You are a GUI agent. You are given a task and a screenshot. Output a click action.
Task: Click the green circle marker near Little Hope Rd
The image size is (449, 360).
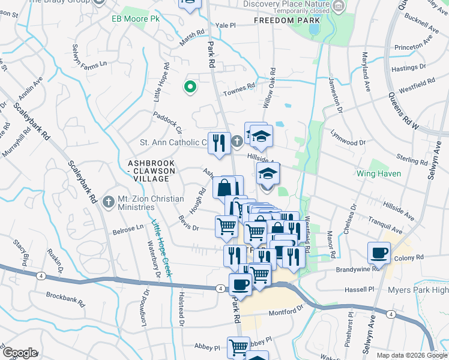(190, 88)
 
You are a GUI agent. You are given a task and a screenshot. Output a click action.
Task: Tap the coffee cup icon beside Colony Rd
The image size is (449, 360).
(379, 253)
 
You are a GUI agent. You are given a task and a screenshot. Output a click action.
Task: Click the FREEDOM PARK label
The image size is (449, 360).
(279, 20)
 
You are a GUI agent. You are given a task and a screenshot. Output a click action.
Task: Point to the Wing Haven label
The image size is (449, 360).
(391, 174)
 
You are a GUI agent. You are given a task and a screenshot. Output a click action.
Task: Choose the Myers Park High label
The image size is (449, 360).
(423, 290)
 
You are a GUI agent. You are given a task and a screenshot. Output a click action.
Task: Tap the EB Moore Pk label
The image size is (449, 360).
(129, 19)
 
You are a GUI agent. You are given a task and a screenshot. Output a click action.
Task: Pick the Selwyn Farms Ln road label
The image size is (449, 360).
(89, 56)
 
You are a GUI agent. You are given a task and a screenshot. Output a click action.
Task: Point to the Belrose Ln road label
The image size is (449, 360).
(127, 227)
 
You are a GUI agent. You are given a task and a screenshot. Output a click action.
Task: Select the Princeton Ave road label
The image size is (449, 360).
(414, 46)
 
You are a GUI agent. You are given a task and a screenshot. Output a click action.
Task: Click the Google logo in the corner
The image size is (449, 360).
(20, 353)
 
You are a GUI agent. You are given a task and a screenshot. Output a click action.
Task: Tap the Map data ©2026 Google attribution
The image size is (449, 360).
(411, 355)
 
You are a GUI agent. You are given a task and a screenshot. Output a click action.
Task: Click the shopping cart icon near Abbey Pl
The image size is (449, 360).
(238, 346)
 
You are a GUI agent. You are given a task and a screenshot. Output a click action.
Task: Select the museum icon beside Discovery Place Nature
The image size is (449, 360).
(339, 7)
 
